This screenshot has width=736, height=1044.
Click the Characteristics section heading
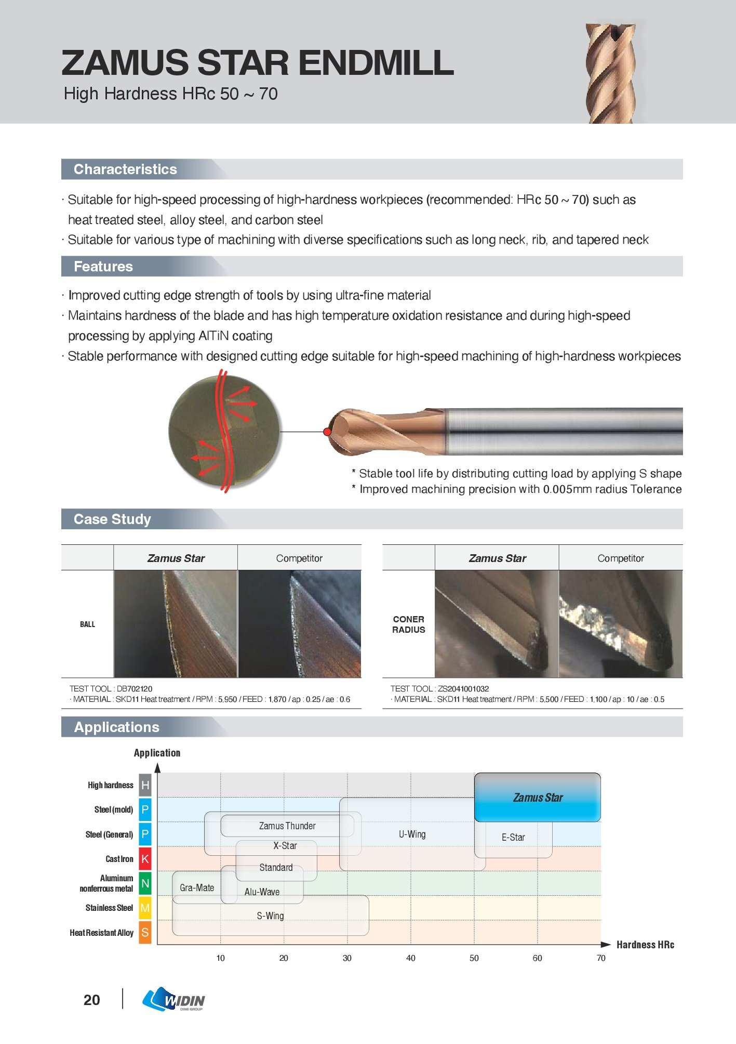coord(125,169)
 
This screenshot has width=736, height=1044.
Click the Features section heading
coord(103,267)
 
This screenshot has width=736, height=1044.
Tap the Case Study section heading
coord(112,519)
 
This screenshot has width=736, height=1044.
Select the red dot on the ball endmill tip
coord(327,432)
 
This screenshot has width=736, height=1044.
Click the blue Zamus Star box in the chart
coord(538,798)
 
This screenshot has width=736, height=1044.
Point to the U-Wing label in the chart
coord(412,834)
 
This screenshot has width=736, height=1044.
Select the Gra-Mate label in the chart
coord(197,888)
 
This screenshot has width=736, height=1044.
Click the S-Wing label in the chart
coord(270,916)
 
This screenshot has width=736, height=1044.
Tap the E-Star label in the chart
coord(513,837)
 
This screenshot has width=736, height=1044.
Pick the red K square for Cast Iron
coord(145,859)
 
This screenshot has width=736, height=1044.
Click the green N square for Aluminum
coord(145,883)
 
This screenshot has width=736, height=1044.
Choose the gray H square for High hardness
coord(145,785)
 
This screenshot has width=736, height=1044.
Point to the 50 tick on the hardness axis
coord(474,958)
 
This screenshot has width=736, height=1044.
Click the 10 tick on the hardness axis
coord(221,958)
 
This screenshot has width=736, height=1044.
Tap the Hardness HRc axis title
coord(645,945)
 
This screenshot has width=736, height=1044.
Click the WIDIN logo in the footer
coord(174,999)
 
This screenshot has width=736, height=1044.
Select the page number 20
coord(92,1000)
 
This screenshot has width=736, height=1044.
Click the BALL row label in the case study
coord(87,624)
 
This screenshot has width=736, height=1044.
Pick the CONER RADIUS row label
coord(408,624)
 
